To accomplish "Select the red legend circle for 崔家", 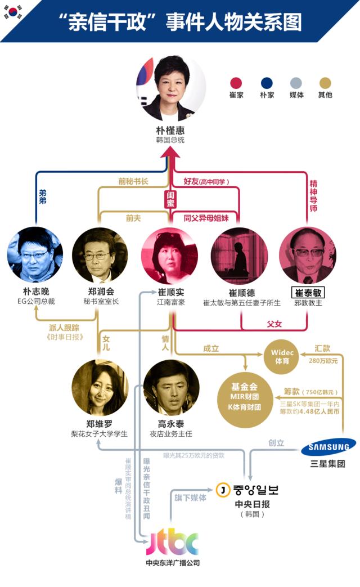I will tap(237, 83).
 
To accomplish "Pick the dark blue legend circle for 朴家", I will tap(267, 83).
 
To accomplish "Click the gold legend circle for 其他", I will tap(325, 83).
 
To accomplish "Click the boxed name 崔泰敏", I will tap(308, 293).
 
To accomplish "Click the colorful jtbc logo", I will tap(173, 543).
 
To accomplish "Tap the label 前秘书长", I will tap(133, 182).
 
